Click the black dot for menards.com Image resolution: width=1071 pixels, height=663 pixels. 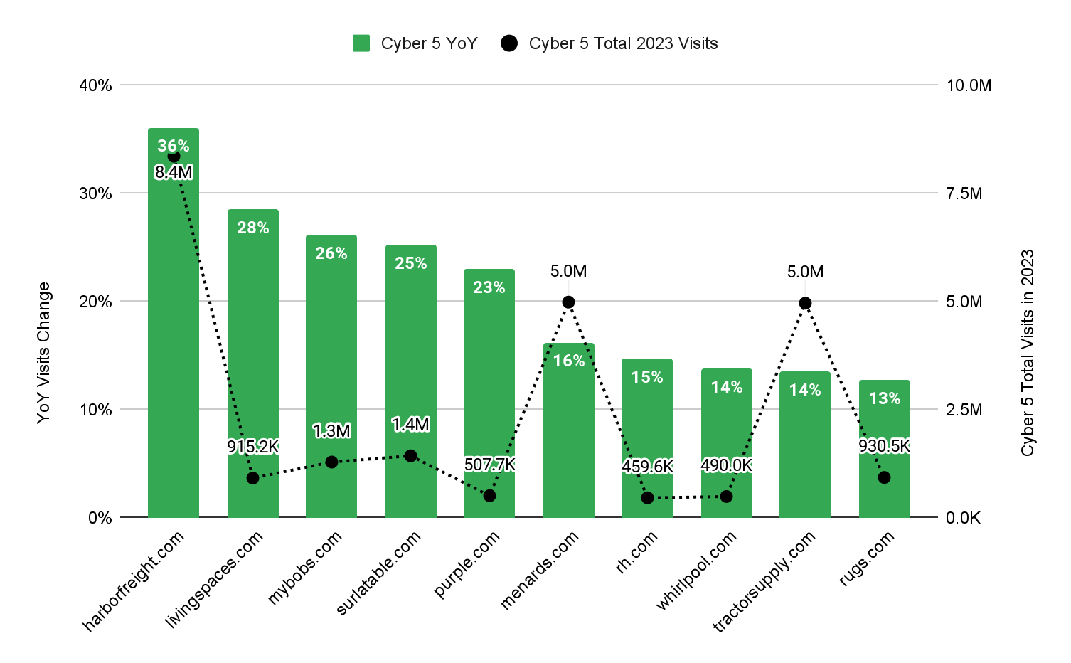(568, 302)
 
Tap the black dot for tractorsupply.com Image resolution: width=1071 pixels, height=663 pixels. (805, 304)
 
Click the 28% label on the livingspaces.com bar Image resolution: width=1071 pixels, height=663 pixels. (253, 228)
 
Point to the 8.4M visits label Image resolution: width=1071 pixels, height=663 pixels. (174, 172)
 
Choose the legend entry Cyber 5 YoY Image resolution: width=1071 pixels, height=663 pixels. (415, 43)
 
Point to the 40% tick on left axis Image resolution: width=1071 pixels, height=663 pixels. (96, 85)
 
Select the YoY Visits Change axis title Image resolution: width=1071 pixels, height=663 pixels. (44, 352)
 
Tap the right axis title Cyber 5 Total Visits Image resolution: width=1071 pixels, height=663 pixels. (1028, 352)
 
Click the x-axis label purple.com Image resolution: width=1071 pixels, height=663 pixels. (467, 565)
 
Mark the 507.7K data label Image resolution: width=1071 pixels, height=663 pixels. (489, 465)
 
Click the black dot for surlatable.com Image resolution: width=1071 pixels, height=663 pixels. (410, 456)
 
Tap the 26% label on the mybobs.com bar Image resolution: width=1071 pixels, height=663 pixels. (331, 253)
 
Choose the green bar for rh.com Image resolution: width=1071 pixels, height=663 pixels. (647, 427)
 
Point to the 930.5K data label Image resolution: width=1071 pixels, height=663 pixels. (884, 446)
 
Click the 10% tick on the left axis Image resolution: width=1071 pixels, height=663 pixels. (96, 410)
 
